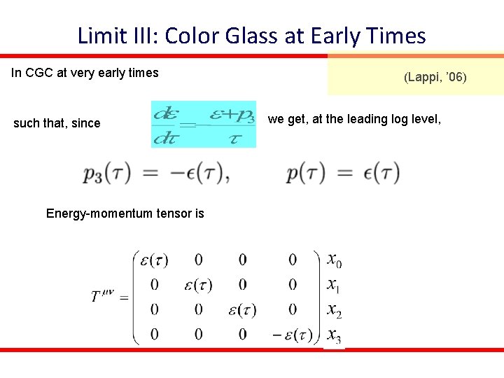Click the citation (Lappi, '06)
(434, 77)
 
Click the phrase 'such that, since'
(57, 123)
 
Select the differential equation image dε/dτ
(204, 125)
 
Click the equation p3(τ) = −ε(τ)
(156, 172)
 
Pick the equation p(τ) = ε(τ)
(343, 172)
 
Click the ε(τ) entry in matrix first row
(154, 260)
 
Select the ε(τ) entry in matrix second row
(198, 285)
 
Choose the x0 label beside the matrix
(334, 260)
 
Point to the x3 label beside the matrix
(335, 335)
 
